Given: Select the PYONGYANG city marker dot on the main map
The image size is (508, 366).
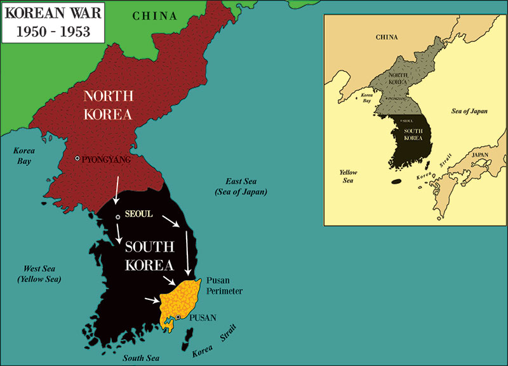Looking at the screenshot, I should tap(77, 158).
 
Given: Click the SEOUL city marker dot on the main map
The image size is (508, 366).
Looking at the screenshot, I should tap(117, 217).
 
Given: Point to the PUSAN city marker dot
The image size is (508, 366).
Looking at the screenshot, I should tap(178, 317).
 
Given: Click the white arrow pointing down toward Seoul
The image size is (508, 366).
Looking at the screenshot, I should tap(116, 191).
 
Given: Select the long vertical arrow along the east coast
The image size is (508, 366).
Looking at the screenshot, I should tap(187, 251).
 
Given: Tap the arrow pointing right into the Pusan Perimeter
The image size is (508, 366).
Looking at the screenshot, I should tap(153, 299).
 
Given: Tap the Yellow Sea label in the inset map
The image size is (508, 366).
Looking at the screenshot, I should tap(349, 176).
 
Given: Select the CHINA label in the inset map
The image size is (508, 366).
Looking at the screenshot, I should tap(387, 37).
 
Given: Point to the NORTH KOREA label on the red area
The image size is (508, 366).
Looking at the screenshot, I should tap(109, 105).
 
